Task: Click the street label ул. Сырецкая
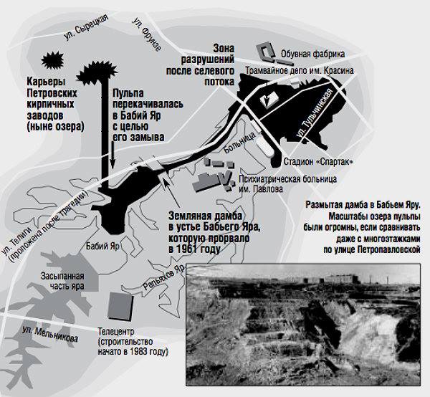coord(86,27)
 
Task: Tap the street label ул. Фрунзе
coord(146,34)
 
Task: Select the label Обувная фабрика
coord(312,54)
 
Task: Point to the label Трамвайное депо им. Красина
coord(299,71)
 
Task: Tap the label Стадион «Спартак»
coord(318,161)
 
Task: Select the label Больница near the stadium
coord(239,143)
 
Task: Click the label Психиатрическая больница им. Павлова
coord(287,184)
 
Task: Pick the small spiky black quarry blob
coord(52,60)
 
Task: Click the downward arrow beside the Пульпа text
coord(113,154)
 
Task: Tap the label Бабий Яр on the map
coord(102,246)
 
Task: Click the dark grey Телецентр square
coord(120,306)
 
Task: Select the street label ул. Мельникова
coord(50,334)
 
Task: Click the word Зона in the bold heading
coord(224,49)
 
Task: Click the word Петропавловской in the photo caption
coord(389,249)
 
